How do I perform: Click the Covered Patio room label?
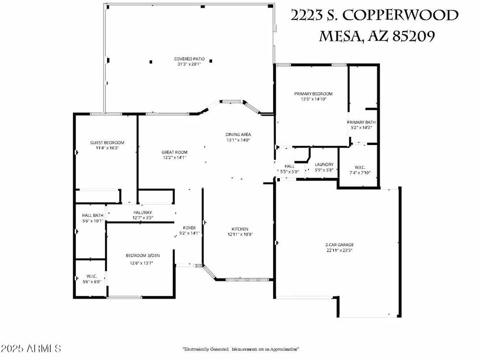coord(189,59)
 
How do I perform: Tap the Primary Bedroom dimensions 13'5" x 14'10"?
coord(313,99)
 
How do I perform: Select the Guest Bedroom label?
coord(107,143)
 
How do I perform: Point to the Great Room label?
coord(175,152)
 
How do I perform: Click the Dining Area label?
coord(238,134)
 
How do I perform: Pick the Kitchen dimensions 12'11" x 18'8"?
coord(240,235)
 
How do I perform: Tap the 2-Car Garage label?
coord(339,245)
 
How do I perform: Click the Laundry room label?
coord(324,164)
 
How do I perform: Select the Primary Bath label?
coord(361,122)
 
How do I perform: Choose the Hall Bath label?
coord(93,216)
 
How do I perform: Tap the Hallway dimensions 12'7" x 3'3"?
coord(143,218)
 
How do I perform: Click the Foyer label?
coord(190,228)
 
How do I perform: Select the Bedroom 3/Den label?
coord(143,256)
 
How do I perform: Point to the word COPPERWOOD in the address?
coord(400,15)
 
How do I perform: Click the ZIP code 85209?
coord(414,36)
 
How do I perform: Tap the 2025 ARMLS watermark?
coord(31,348)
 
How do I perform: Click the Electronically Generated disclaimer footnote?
coord(240,349)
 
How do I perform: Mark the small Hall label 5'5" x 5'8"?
coord(289,169)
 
